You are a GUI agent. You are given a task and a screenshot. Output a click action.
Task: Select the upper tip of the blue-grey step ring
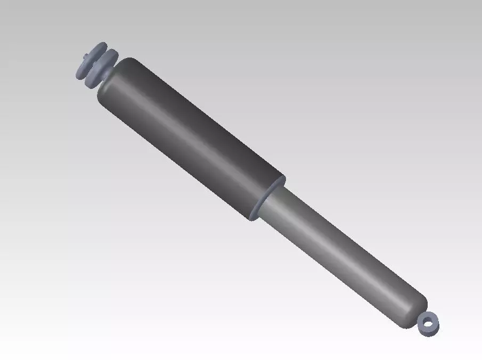(282, 179)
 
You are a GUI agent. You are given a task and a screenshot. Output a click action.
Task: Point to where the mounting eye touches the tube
(421, 317)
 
